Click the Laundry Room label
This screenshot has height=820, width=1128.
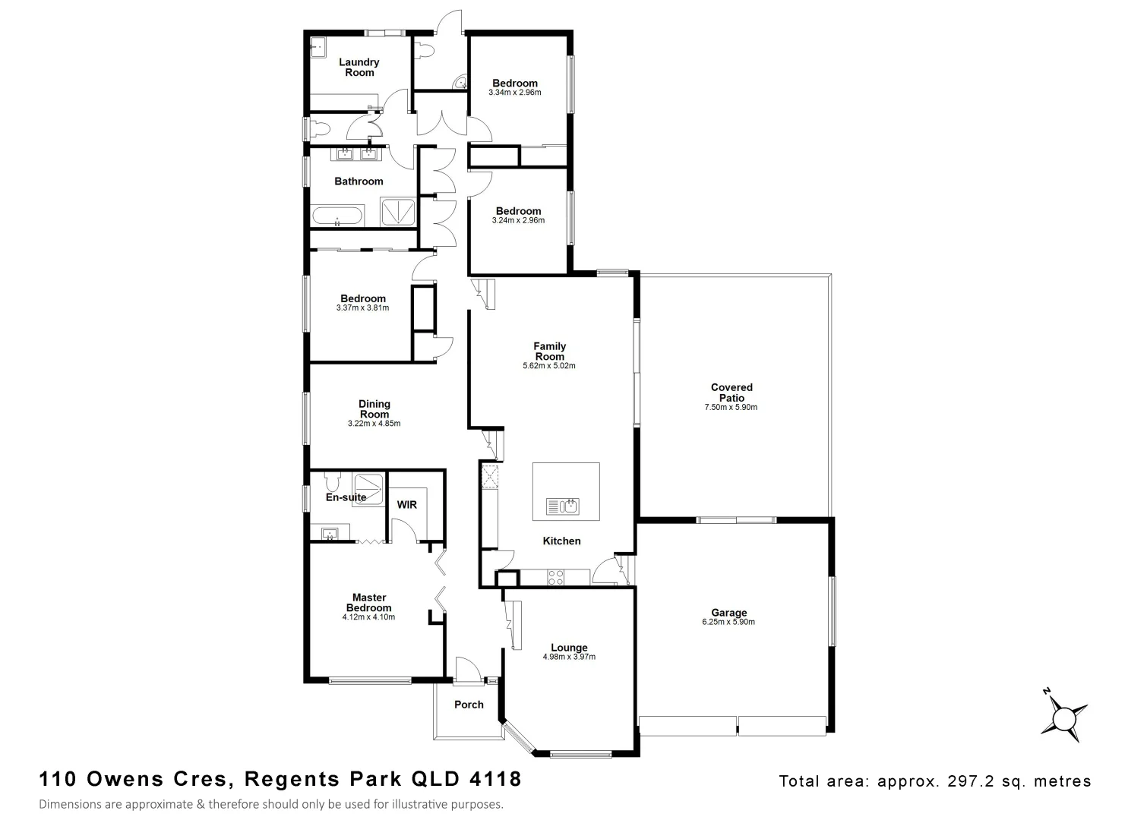click(x=359, y=68)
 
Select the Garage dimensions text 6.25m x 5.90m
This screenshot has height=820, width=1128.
click(x=728, y=622)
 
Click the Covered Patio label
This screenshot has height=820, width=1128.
click(x=731, y=393)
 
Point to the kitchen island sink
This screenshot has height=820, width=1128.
click(x=562, y=506)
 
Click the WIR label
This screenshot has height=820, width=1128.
click(x=406, y=505)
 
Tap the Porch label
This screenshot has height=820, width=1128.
click(x=469, y=705)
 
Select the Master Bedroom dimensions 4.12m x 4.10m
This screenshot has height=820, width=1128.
click(x=368, y=617)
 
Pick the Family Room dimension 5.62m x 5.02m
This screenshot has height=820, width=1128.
click(x=549, y=366)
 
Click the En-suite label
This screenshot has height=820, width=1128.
click(x=346, y=497)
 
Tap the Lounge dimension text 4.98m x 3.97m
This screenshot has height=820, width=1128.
click(x=569, y=657)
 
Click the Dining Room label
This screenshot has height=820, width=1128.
click(x=374, y=409)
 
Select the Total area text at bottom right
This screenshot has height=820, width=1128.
click(x=934, y=781)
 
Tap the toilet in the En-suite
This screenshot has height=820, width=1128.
click(x=331, y=482)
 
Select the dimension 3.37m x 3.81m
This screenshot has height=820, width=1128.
click(x=362, y=308)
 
